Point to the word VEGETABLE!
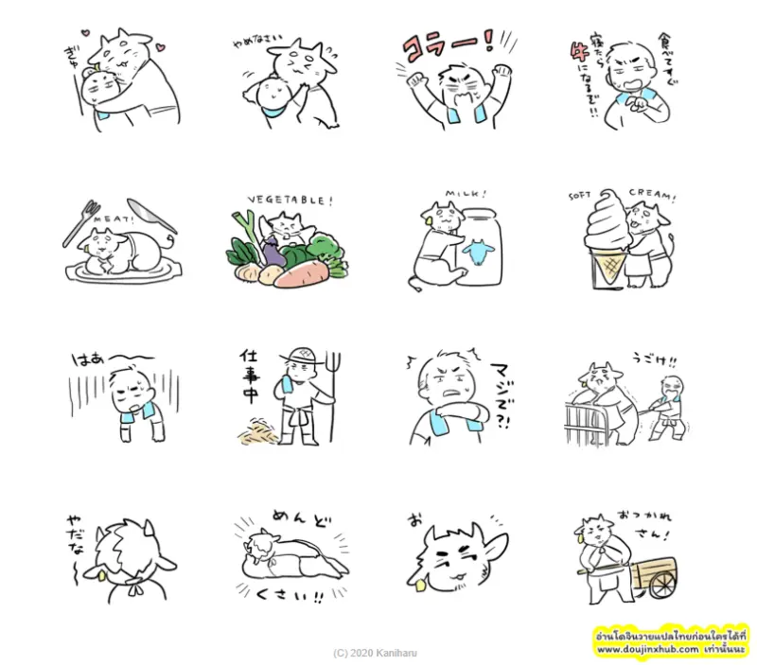(290, 201)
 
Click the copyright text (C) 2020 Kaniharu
(375, 653)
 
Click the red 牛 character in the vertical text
(576, 71)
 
